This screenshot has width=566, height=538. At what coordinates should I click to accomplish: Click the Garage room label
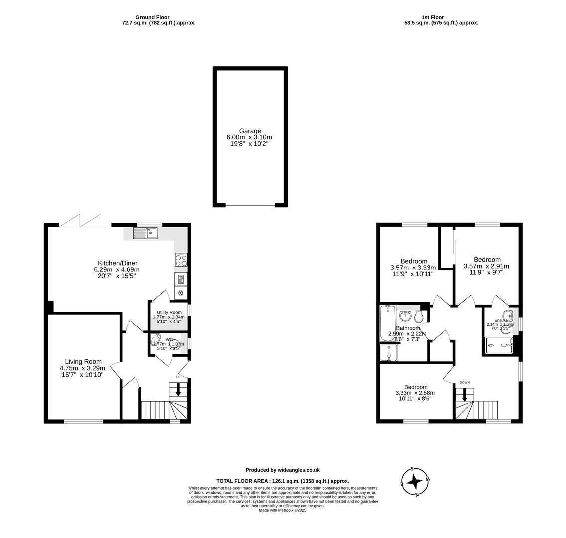(250, 131)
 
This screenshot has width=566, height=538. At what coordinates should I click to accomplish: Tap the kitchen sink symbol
(145, 232)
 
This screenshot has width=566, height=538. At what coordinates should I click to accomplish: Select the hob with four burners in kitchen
(181, 260)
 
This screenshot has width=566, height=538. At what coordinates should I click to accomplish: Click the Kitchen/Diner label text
(117, 263)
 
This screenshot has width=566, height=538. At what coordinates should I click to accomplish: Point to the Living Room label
(83, 362)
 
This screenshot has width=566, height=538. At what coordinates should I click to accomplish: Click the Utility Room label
(169, 312)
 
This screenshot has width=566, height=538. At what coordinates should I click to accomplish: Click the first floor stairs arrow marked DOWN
(464, 394)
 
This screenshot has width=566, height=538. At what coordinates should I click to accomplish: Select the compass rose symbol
(415, 482)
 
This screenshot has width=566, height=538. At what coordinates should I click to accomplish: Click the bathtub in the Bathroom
(387, 323)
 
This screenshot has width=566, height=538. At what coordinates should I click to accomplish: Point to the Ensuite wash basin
(508, 315)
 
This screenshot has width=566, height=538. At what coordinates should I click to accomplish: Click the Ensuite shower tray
(499, 345)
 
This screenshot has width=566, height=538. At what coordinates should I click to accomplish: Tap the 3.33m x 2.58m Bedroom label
(415, 387)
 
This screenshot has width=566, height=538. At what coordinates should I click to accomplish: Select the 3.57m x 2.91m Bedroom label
(487, 260)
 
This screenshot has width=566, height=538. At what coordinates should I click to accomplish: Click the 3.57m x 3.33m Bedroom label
(413, 261)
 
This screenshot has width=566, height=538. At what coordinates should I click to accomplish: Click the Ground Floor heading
(152, 17)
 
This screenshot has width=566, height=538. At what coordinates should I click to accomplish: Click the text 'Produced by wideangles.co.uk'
(282, 470)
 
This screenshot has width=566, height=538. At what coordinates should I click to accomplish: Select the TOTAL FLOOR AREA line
(282, 481)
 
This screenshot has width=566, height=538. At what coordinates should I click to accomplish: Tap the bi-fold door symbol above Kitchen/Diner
(80, 221)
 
